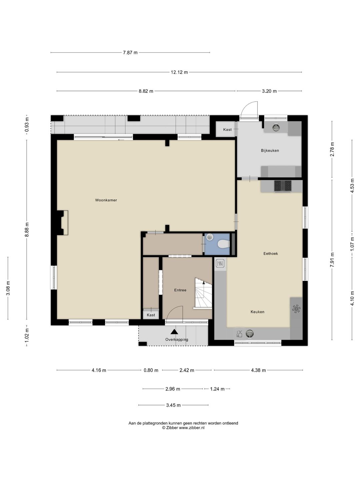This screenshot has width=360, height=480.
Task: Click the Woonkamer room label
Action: [106, 200]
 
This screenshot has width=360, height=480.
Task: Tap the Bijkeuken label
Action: [270, 150]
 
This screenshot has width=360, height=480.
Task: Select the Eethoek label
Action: [271, 253]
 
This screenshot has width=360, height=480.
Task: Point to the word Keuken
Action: [257, 312]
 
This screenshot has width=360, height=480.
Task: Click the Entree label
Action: [180, 290]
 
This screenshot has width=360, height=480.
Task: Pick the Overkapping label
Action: [177, 339]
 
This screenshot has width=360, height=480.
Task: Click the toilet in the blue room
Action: [224, 244]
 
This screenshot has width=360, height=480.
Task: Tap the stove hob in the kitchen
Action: [283, 186]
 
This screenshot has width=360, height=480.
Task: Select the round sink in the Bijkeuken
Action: [276, 127]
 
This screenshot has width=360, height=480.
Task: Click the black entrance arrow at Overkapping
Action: [174, 332]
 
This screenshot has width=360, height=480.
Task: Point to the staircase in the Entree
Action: [203, 293]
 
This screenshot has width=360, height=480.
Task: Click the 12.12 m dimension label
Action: [179, 72]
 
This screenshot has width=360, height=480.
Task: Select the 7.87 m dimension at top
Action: [130, 52]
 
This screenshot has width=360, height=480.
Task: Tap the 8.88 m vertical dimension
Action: [27, 229]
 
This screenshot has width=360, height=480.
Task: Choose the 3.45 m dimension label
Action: [173, 405]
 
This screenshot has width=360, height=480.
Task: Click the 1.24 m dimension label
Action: [217, 389]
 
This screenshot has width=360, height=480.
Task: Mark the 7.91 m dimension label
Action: [332, 260]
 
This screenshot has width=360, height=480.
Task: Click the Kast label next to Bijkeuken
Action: [227, 129]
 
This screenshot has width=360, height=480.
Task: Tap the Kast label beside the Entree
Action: [151, 315]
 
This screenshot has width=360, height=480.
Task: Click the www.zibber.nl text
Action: [192, 428]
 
